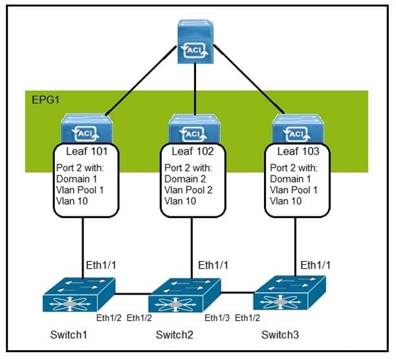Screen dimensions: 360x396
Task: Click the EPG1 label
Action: tap(43, 100)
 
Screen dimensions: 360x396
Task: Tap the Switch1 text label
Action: tap(69, 335)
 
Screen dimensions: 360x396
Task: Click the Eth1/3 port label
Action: tap(216, 317)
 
